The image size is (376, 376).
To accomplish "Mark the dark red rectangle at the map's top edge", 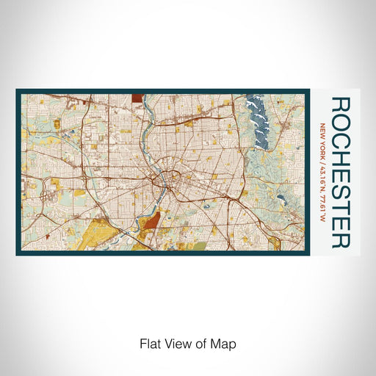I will [x=139, y=95].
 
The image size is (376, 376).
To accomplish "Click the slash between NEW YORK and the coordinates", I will [x=321, y=157].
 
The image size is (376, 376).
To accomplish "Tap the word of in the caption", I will [x=205, y=343].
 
